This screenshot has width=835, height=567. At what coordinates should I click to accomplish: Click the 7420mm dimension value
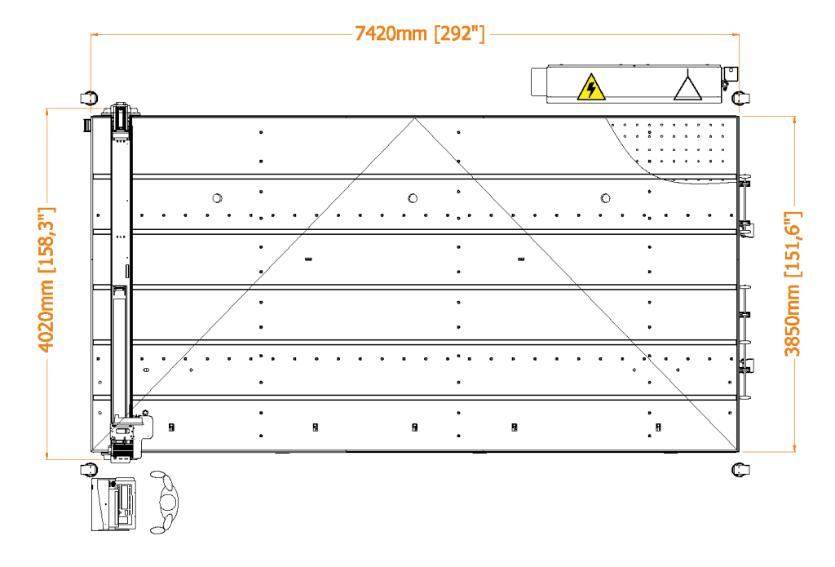pyautogui.click(x=391, y=34)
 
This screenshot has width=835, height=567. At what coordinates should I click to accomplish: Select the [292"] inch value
pyautogui.click(x=460, y=34)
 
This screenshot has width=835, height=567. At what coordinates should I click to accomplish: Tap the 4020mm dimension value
pyautogui.click(x=46, y=316)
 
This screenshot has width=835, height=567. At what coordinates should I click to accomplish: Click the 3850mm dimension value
pyautogui.click(x=793, y=321)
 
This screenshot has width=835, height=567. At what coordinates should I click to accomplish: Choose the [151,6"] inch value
pyautogui.click(x=793, y=244)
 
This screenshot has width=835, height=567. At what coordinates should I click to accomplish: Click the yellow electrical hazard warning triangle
pyautogui.click(x=591, y=88)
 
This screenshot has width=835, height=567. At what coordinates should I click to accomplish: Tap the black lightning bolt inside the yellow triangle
pyautogui.click(x=591, y=89)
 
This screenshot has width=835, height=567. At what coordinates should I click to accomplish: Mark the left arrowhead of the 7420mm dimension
pyautogui.click(x=95, y=34)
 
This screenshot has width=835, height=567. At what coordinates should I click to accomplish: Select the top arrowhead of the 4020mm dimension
pyautogui.click(x=47, y=112)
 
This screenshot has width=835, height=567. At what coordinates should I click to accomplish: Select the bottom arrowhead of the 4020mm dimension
pyautogui.click(x=47, y=456)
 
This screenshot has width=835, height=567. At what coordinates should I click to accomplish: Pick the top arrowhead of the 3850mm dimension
pyautogui.click(x=794, y=120)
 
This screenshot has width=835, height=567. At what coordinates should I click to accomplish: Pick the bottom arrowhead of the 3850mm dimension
pyautogui.click(x=794, y=448)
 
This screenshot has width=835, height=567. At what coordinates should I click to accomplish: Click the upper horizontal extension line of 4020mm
pyautogui.click(x=74, y=109)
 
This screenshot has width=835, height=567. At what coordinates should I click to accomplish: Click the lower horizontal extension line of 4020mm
pyautogui.click(x=74, y=459)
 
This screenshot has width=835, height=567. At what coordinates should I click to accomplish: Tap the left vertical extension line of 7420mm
pyautogui.click(x=91, y=65)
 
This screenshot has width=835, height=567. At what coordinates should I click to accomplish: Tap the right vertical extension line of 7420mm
pyautogui.click(x=739, y=65)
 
